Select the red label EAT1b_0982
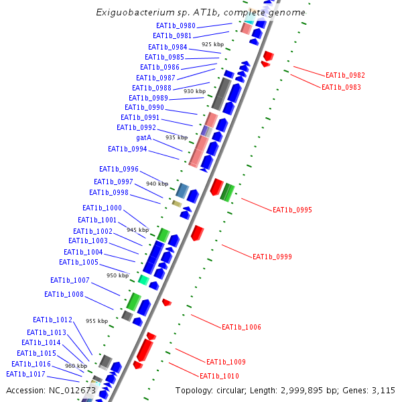pyautogui.click(x=345, y=76)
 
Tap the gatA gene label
pyautogui.click(x=144, y=137)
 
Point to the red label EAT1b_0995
pyautogui.click(x=292, y=210)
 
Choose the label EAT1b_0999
pyautogui.click(x=272, y=257)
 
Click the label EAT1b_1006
pyautogui.click(x=241, y=327)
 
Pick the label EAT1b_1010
pyautogui.click(x=219, y=376)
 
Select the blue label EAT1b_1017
pyautogui.click(x=25, y=374)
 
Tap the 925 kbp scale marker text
pyautogui.click(x=212, y=44)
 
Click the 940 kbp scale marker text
pyautogui.click(x=157, y=184)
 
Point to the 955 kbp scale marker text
pyautogui.click(x=96, y=321)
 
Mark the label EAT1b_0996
pyautogui.click(x=119, y=169)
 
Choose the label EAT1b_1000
pyautogui.click(x=102, y=208)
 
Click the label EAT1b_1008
pyautogui.click(x=64, y=294)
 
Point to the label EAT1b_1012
pyautogui.click(x=52, y=320)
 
